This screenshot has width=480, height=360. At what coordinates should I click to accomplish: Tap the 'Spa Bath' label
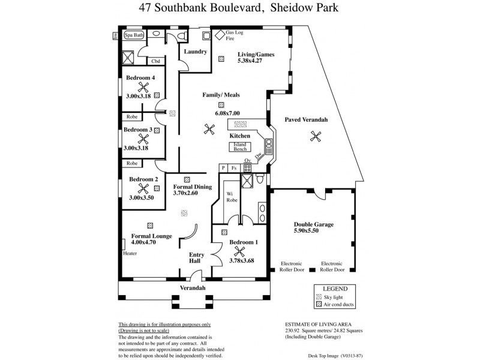[x=134, y=35]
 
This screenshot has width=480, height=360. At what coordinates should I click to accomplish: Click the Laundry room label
[x=196, y=52]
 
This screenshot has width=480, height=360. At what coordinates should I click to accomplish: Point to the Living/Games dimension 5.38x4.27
[x=256, y=62]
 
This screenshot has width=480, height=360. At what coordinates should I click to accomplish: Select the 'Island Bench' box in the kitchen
[x=241, y=147]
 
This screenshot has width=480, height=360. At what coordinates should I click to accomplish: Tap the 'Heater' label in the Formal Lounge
[x=130, y=253]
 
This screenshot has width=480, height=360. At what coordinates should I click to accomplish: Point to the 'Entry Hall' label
[x=196, y=259]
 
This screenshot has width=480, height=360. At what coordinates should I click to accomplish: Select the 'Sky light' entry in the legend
[x=339, y=297]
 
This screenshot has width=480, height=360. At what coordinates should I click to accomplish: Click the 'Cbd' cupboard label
[x=155, y=61]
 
